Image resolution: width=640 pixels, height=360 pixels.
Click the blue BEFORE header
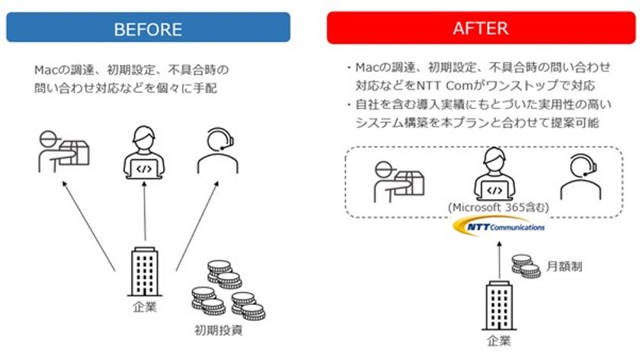coord(148,27)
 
